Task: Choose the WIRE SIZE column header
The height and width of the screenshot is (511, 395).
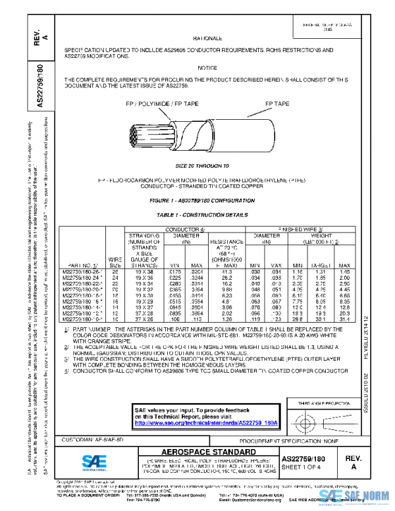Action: coord(117,263)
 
